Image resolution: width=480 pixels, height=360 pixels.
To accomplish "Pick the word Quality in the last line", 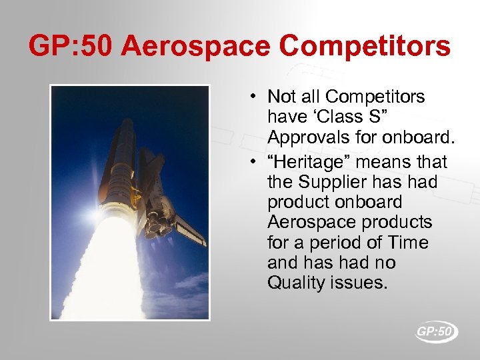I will [x=292, y=283].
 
